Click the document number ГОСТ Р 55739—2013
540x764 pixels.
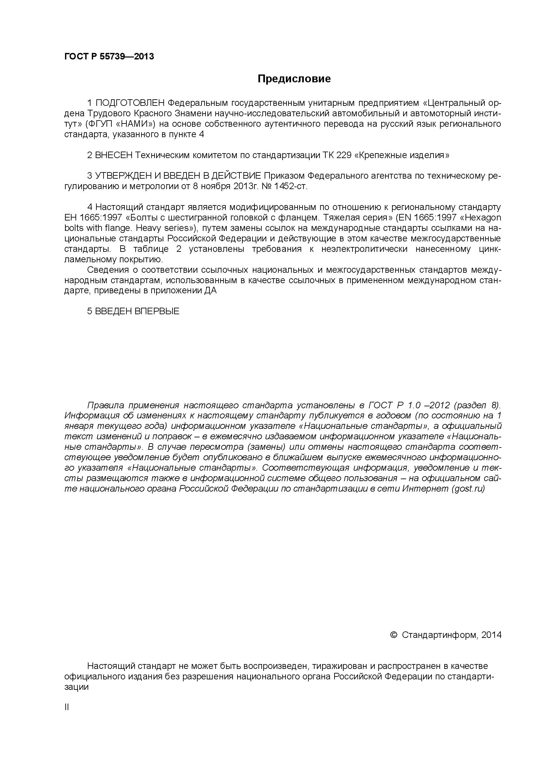(109, 57)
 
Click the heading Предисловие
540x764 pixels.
(294, 79)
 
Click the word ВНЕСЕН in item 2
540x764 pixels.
(114, 155)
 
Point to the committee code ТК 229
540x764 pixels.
(337, 155)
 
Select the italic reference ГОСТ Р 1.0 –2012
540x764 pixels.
(409, 405)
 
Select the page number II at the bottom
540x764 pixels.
(67, 707)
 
